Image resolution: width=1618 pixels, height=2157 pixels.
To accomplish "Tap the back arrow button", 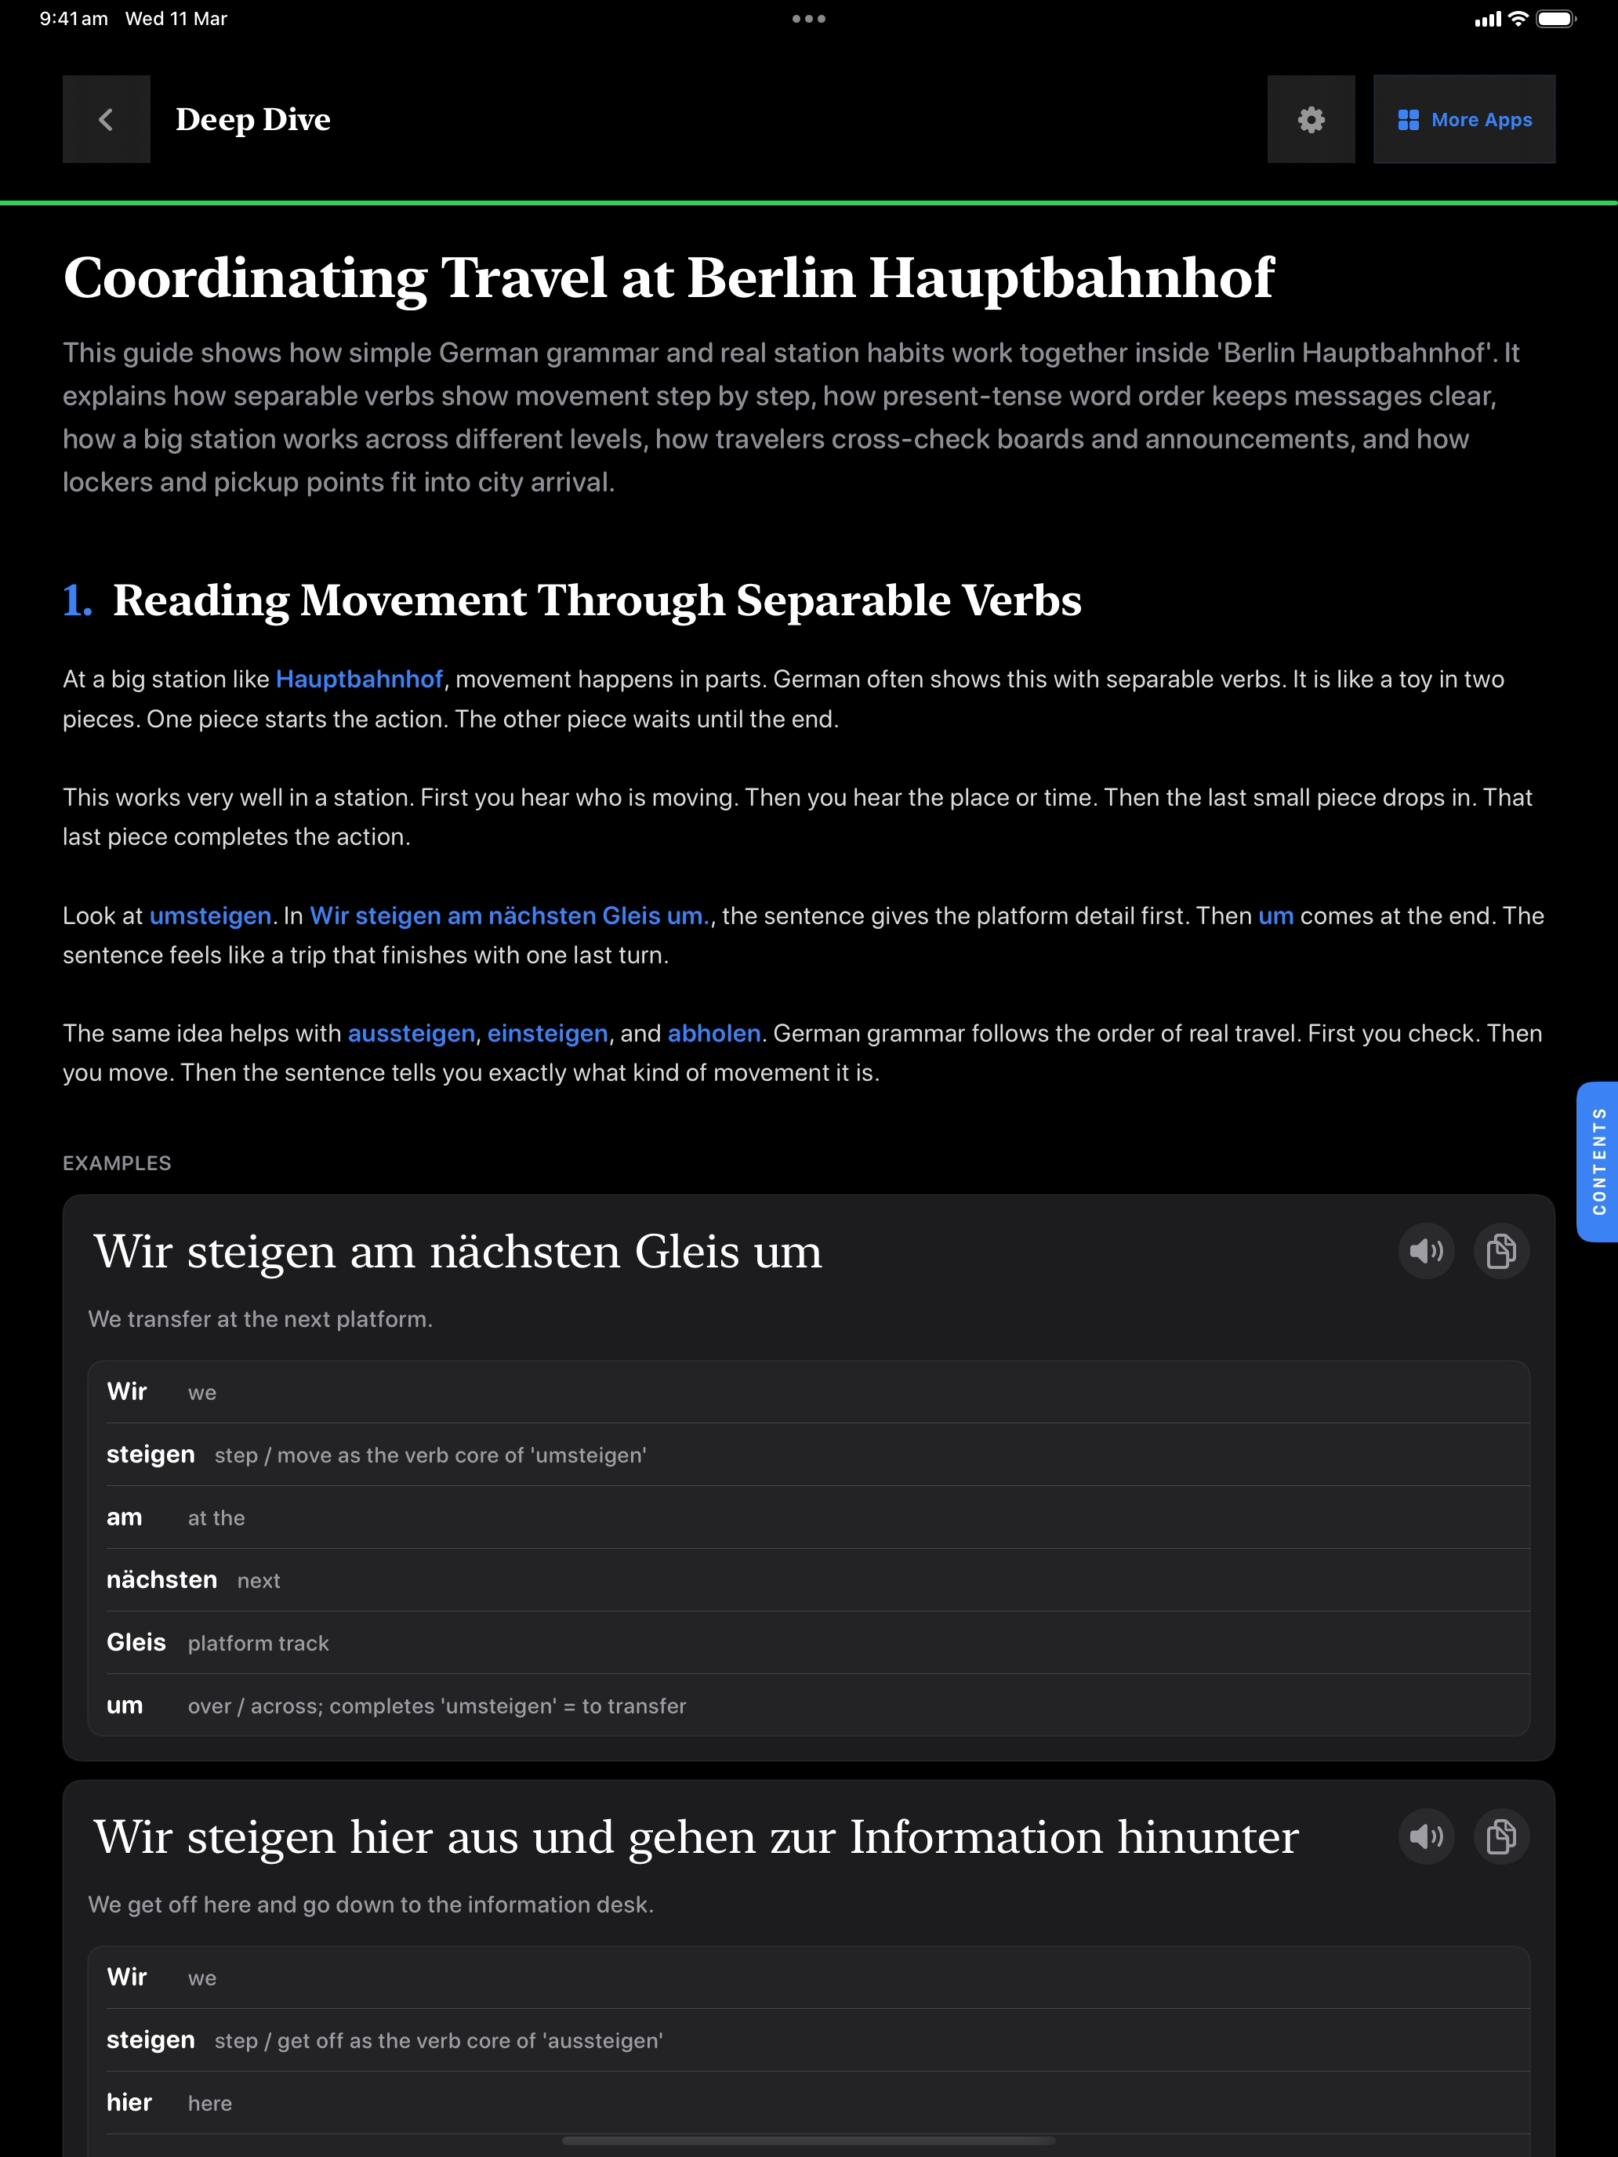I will point(107,119).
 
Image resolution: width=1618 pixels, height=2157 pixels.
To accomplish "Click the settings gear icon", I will point(1311,119).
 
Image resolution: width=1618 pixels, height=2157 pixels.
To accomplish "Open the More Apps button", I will point(1463,119).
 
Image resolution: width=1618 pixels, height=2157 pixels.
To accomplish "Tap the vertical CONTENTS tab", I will point(1598,1162).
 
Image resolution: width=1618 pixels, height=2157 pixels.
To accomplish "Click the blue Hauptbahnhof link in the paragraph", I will point(359,680).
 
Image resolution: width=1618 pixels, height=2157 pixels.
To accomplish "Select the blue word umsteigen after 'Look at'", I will point(209,915).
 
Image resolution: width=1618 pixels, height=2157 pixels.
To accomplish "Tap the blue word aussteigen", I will point(412,1034).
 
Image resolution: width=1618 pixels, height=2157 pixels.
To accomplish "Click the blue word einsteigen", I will point(547,1034).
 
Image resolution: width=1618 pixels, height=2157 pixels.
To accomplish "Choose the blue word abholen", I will point(714,1034).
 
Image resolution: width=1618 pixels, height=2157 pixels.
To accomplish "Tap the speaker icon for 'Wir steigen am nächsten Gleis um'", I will point(1426,1251).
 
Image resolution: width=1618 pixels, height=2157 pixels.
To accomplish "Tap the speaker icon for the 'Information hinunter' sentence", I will point(1426,1837).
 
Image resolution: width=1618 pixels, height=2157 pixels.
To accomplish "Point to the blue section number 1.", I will point(77,600).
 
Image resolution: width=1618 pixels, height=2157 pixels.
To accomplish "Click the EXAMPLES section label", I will point(117,1163).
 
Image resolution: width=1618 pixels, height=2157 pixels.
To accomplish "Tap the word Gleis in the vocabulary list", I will point(136,1643).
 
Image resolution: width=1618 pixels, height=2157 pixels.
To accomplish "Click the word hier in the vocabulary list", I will point(129,2102).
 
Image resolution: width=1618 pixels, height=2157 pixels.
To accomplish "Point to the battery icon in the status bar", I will point(1555,19).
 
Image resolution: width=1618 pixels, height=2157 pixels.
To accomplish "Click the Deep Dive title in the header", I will point(252,119).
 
